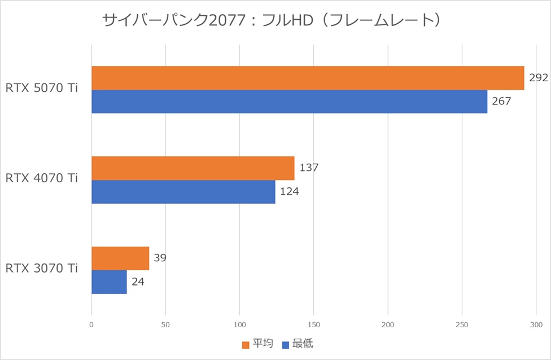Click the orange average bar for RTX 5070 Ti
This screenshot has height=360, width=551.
tap(308, 78)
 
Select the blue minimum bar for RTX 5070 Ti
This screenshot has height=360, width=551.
tap(289, 102)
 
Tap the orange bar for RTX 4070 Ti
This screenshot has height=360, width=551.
tap(193, 168)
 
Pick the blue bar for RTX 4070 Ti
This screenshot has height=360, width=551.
tap(183, 192)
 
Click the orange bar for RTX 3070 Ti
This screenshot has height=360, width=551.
tap(120, 258)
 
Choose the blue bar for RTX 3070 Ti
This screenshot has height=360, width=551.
tap(109, 282)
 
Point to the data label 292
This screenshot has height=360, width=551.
tap(539, 78)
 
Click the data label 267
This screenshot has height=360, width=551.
tap(501, 102)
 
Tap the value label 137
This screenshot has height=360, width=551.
tap(309, 168)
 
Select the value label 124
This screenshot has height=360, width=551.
tap(289, 192)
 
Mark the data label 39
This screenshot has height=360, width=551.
tap(159, 258)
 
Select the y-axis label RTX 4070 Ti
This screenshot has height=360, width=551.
tap(42, 178)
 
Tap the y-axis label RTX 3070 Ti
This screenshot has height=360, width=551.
tap(42, 269)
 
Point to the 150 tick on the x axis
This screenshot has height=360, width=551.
tap(314, 325)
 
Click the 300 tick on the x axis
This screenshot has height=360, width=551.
tap(536, 325)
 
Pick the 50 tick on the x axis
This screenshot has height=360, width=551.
tap(165, 325)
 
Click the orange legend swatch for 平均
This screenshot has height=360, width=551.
tap(245, 344)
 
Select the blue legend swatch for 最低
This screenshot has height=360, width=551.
tap(286, 344)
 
